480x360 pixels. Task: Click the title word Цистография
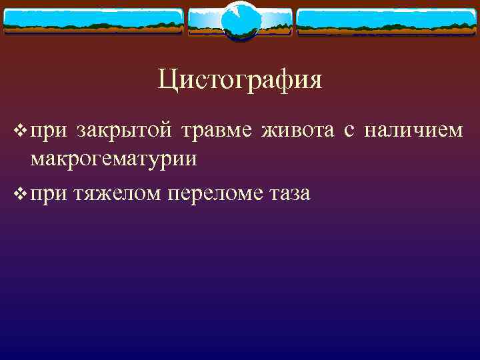click(240, 80)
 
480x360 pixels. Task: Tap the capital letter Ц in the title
click(167, 81)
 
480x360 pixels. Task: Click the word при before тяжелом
click(45, 194)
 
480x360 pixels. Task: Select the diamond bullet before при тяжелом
click(19, 194)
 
